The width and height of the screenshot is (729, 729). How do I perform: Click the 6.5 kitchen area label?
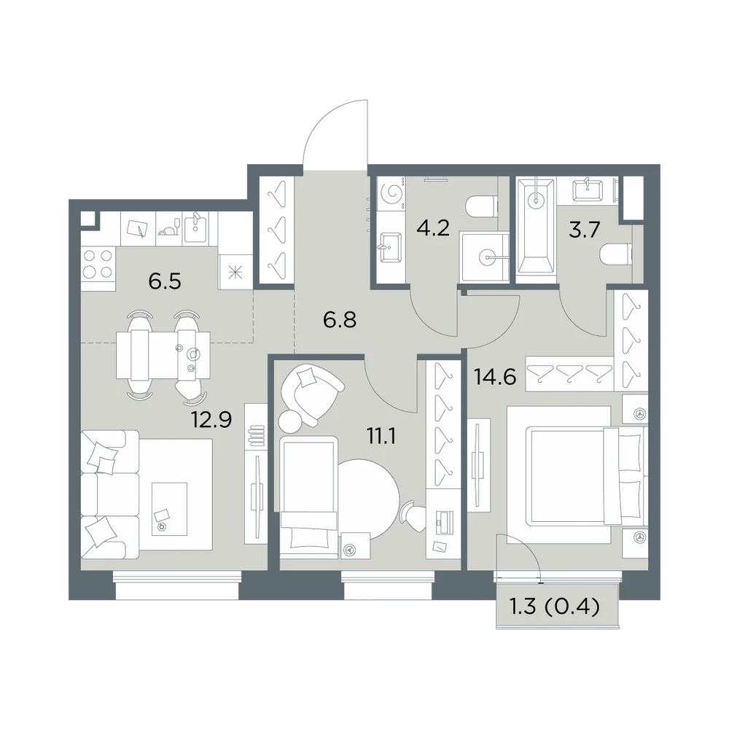165,281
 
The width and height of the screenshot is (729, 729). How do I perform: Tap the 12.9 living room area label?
211,420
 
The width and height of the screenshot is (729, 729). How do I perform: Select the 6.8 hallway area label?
340,320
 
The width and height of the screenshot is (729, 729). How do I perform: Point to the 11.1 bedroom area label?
381,437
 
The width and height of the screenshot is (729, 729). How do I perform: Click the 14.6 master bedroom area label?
495,377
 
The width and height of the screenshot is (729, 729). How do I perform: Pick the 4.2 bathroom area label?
433,228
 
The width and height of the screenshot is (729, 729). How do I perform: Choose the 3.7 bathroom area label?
585,230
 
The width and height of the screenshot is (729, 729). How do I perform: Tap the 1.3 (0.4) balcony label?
555,607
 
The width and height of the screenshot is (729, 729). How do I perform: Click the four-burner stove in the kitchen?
98,264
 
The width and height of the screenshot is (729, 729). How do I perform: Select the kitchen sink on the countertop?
194,228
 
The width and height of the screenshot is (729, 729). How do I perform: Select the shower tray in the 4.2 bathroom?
485,257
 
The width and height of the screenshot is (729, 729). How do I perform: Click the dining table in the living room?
163,355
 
